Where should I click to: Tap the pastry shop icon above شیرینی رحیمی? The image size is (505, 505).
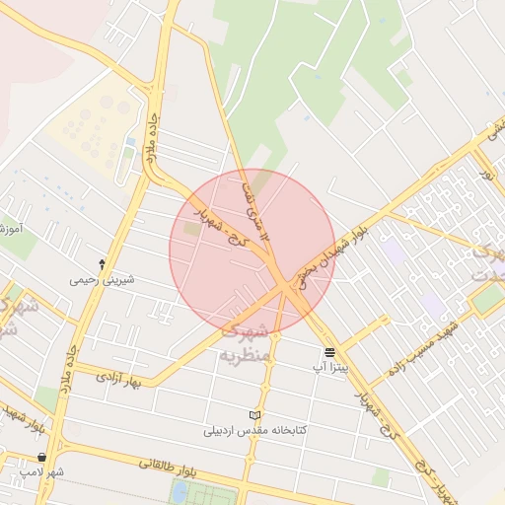[102, 264]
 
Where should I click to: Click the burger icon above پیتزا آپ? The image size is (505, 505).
[328, 352]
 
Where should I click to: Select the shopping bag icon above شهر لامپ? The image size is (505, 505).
[41, 458]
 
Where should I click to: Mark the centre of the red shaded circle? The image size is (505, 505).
[252, 252]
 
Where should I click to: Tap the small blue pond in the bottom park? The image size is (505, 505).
[180, 490]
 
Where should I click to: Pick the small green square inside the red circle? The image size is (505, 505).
[189, 229]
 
